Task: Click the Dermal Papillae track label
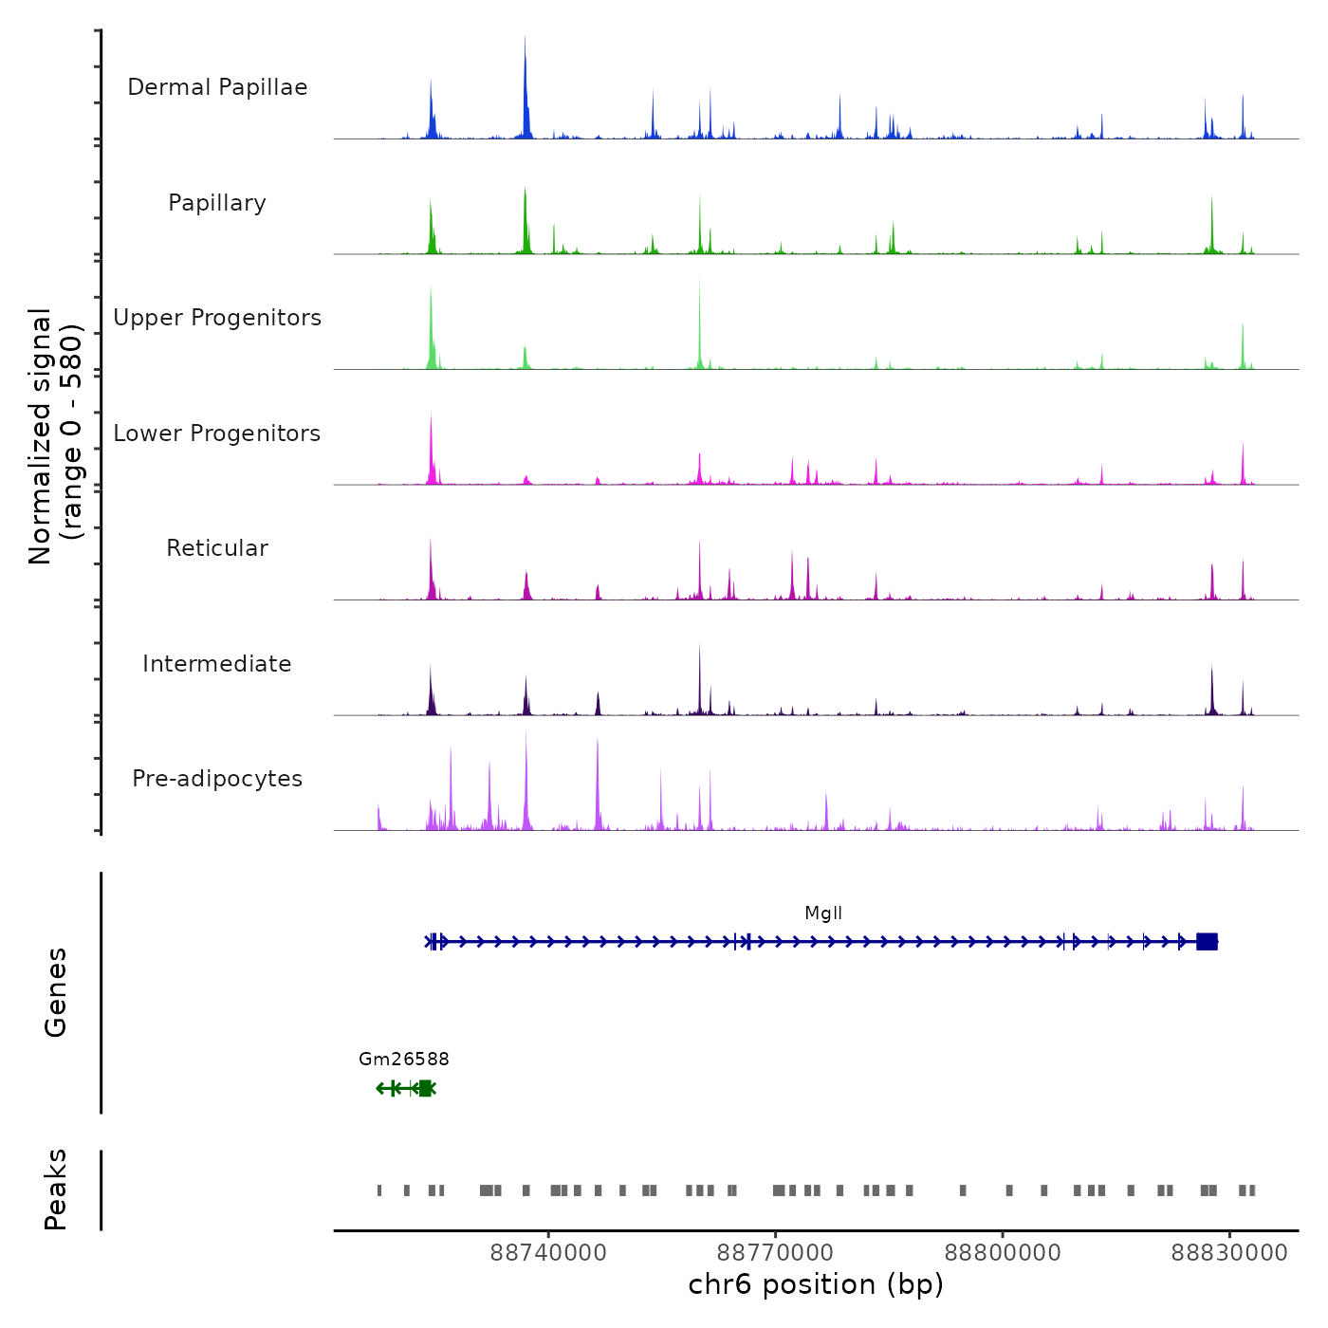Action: (217, 87)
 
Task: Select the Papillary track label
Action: (217, 203)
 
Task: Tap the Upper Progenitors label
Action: (217, 318)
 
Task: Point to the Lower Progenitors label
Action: (217, 433)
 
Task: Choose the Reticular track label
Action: (217, 548)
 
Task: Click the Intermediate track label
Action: (217, 664)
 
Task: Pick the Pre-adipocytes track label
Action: (217, 779)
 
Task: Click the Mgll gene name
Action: (823, 913)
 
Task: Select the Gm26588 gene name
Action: (404, 1060)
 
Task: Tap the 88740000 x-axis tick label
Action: (548, 1253)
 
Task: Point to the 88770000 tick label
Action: (775, 1253)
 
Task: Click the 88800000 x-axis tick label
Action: (1003, 1253)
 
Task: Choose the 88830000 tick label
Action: (1229, 1253)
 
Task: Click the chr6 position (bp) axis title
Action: (816, 1285)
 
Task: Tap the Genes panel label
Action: (56, 992)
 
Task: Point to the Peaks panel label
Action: (56, 1190)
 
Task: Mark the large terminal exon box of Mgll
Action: (1207, 942)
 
